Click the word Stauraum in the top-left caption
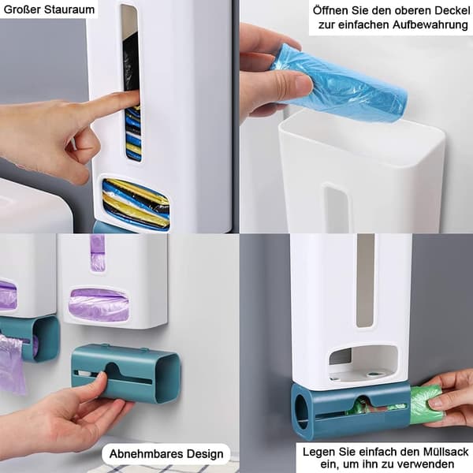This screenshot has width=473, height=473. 69,9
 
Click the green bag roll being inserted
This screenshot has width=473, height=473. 426,405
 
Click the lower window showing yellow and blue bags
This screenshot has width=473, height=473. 135,203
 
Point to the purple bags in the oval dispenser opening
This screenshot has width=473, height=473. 99,304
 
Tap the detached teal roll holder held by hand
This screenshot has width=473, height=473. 126,374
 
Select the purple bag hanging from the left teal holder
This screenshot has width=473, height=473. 12,363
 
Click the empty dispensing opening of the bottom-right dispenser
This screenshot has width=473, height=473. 363,363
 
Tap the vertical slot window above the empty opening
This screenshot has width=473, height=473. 365,280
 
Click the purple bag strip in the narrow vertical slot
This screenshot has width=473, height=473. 98,254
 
